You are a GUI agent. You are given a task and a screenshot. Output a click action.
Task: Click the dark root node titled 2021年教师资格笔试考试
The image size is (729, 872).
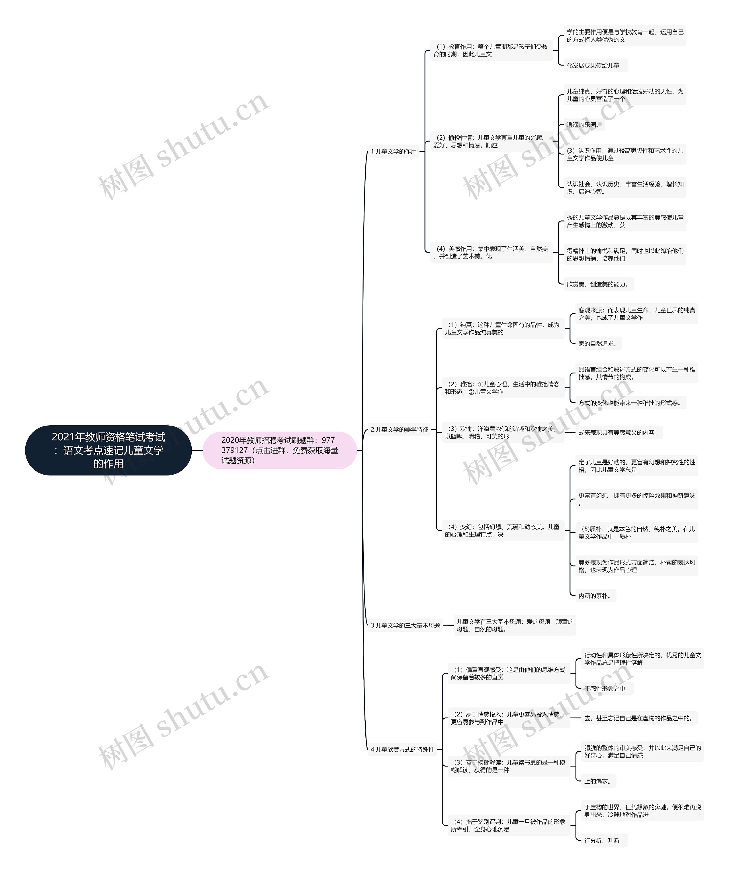point(108,450)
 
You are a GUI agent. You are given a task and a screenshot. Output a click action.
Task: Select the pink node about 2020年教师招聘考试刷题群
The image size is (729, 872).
point(280,450)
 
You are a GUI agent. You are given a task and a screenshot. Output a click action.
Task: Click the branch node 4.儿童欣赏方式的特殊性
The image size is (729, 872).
point(402,749)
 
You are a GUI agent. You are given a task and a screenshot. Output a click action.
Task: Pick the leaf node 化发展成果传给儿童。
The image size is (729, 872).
point(595,65)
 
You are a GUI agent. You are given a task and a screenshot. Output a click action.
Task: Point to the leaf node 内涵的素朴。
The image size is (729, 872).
point(595,595)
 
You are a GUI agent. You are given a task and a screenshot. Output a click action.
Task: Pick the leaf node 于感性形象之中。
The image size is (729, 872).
point(607,688)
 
